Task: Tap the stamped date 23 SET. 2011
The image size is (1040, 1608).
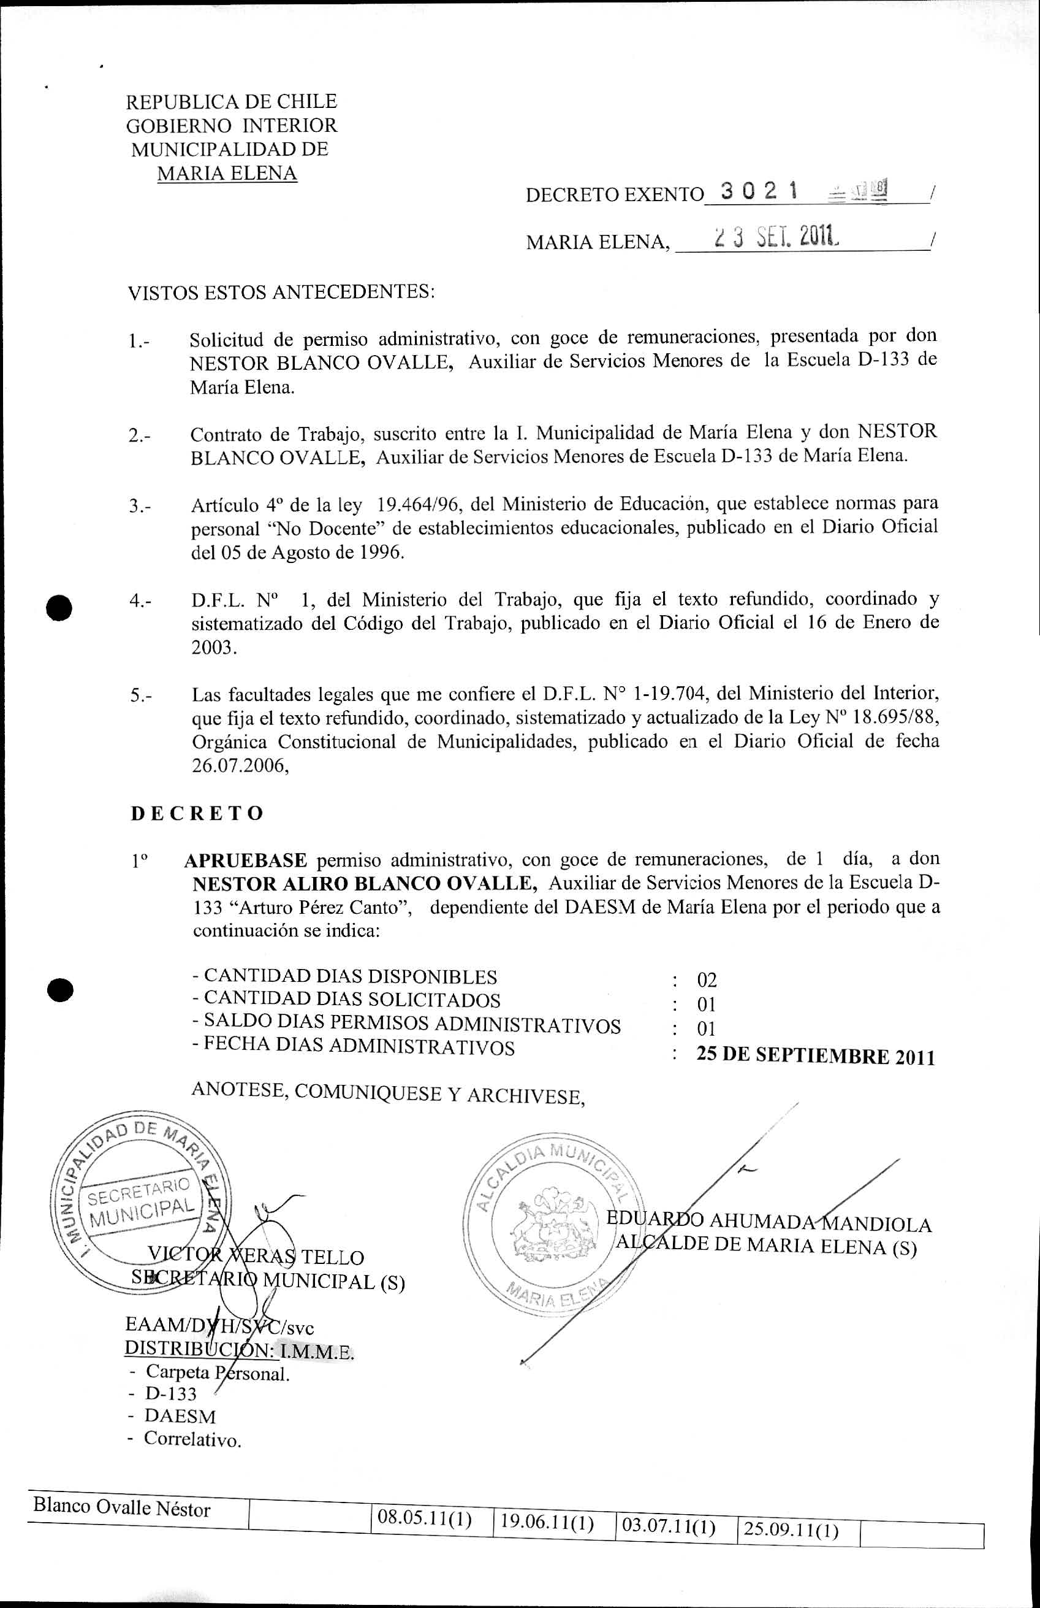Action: click(776, 237)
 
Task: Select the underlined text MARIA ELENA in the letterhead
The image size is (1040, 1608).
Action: click(227, 174)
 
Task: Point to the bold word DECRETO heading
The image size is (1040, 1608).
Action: click(197, 813)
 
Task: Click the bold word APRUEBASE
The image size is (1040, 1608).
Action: click(246, 860)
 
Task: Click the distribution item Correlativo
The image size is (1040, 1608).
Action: click(192, 1439)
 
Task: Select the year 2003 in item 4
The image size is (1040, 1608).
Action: click(214, 647)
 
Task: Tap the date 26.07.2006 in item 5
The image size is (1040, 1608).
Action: click(240, 766)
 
